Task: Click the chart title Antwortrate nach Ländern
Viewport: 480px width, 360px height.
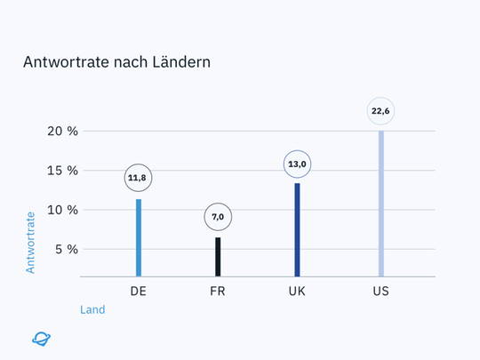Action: click(116, 63)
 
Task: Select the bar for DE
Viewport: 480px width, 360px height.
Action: click(139, 237)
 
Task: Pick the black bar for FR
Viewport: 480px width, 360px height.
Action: click(217, 257)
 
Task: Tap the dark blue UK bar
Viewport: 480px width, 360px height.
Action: click(297, 229)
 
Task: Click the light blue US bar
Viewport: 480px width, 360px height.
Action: click(381, 204)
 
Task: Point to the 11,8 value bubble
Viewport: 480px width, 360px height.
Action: click(138, 178)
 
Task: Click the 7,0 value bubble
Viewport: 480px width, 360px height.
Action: click(217, 217)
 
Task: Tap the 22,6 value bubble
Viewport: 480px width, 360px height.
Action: click(380, 111)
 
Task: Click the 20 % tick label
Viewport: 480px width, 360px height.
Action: click(62, 132)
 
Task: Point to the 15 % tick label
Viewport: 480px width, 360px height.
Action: click(62, 171)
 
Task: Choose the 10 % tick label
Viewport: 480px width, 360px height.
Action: click(62, 210)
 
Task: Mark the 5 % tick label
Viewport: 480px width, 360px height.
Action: click(67, 249)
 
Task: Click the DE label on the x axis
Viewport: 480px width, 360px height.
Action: click(139, 292)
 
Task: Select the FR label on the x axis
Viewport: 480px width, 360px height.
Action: click(217, 292)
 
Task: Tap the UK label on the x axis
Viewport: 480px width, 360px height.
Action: click(297, 292)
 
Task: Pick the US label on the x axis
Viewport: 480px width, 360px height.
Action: click(380, 292)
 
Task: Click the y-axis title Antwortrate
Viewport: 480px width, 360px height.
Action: click(30, 241)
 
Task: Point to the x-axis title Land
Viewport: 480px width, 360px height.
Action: click(92, 310)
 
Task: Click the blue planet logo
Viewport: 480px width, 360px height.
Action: click(41, 338)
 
